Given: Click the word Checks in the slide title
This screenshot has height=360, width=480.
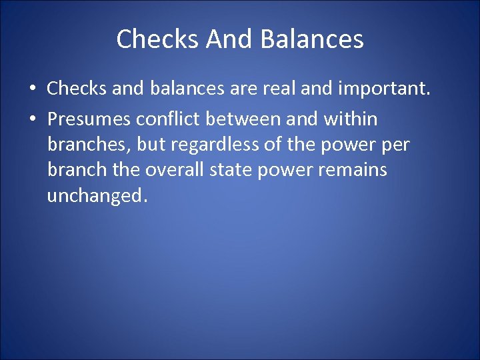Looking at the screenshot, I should [x=158, y=39].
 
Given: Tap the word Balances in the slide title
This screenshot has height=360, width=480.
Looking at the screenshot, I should [x=312, y=39].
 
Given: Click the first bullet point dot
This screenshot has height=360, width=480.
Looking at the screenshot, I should [x=33, y=89].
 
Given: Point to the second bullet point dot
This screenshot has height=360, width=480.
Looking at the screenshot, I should [x=33, y=120].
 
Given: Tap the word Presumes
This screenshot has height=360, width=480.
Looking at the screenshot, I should [x=89, y=119].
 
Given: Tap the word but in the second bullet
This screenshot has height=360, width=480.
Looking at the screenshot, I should [x=153, y=145].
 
